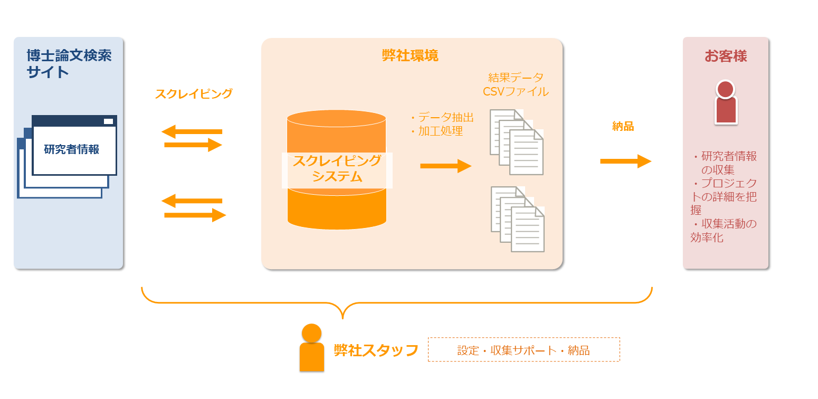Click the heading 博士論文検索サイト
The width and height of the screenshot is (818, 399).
click(x=69, y=63)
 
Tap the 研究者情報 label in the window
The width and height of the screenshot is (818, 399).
click(x=72, y=149)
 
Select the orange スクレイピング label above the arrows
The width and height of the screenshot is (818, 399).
click(x=193, y=94)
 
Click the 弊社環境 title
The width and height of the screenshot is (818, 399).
click(x=410, y=55)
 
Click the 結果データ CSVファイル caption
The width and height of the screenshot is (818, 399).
click(x=516, y=84)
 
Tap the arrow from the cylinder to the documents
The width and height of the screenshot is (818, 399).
click(x=445, y=166)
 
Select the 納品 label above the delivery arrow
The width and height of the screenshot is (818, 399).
click(x=623, y=127)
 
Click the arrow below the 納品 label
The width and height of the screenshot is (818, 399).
click(x=625, y=161)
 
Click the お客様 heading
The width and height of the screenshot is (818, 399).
click(x=726, y=56)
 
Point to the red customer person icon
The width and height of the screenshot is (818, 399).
click(x=726, y=102)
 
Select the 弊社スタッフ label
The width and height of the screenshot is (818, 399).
click(x=376, y=350)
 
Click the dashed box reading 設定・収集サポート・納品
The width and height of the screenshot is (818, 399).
click(x=524, y=349)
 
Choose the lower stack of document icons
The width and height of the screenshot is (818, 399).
click(x=517, y=218)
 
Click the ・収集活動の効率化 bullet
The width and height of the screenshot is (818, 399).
click(x=724, y=231)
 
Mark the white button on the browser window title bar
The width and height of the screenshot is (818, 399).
click(x=108, y=121)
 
